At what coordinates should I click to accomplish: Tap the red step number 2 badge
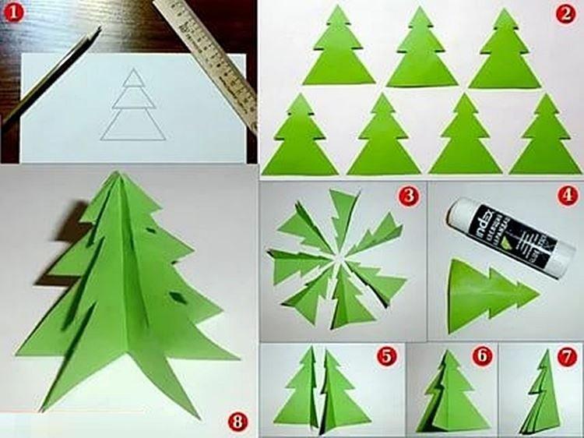point(565,13)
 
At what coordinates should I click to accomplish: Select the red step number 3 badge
point(408,196)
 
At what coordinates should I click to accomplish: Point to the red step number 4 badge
point(565,196)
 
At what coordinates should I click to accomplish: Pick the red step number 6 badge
point(483,356)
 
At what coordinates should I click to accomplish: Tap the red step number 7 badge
point(566,356)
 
